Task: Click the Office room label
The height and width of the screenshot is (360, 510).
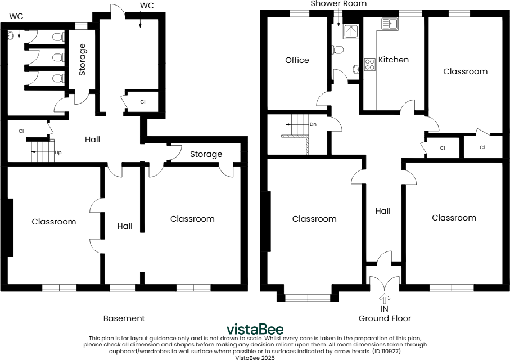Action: tap(297, 60)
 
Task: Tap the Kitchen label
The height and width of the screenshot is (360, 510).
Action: tap(393, 60)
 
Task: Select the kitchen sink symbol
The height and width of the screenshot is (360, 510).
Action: tap(390, 24)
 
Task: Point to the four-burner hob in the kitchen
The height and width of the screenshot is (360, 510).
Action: tap(370, 64)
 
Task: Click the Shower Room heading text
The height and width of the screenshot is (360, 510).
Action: tap(339, 4)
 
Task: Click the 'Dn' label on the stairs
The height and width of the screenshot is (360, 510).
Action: tap(312, 124)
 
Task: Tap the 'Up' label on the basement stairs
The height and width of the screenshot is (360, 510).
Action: tap(57, 152)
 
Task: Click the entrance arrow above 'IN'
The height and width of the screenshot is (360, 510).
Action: tap(385, 298)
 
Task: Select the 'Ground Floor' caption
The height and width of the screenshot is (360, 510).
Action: tap(385, 318)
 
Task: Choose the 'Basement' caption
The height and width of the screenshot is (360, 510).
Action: tap(124, 318)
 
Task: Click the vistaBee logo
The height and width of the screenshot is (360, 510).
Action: tap(255, 329)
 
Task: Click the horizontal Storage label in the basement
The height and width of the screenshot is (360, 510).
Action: tap(206, 154)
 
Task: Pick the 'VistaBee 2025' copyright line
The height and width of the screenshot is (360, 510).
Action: tap(255, 357)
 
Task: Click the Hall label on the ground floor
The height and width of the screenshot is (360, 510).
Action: tap(383, 211)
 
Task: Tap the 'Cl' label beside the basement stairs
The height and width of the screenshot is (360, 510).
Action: tap(21, 131)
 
